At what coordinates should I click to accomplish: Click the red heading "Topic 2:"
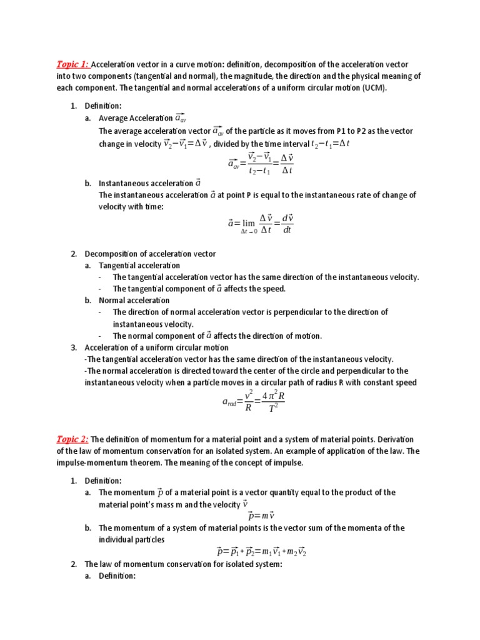tap(73, 439)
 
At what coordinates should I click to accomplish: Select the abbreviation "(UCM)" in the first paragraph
tap(373, 87)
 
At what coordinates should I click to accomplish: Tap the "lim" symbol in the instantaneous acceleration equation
tap(249, 223)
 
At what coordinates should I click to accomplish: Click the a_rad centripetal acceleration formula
tap(253, 402)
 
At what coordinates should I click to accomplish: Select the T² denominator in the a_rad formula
tap(274, 409)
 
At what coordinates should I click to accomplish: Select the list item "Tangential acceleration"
tap(139, 266)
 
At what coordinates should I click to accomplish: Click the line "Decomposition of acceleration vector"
tap(150, 254)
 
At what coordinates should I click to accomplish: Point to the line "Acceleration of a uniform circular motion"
tap(156, 347)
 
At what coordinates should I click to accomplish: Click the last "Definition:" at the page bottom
tap(117, 576)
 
